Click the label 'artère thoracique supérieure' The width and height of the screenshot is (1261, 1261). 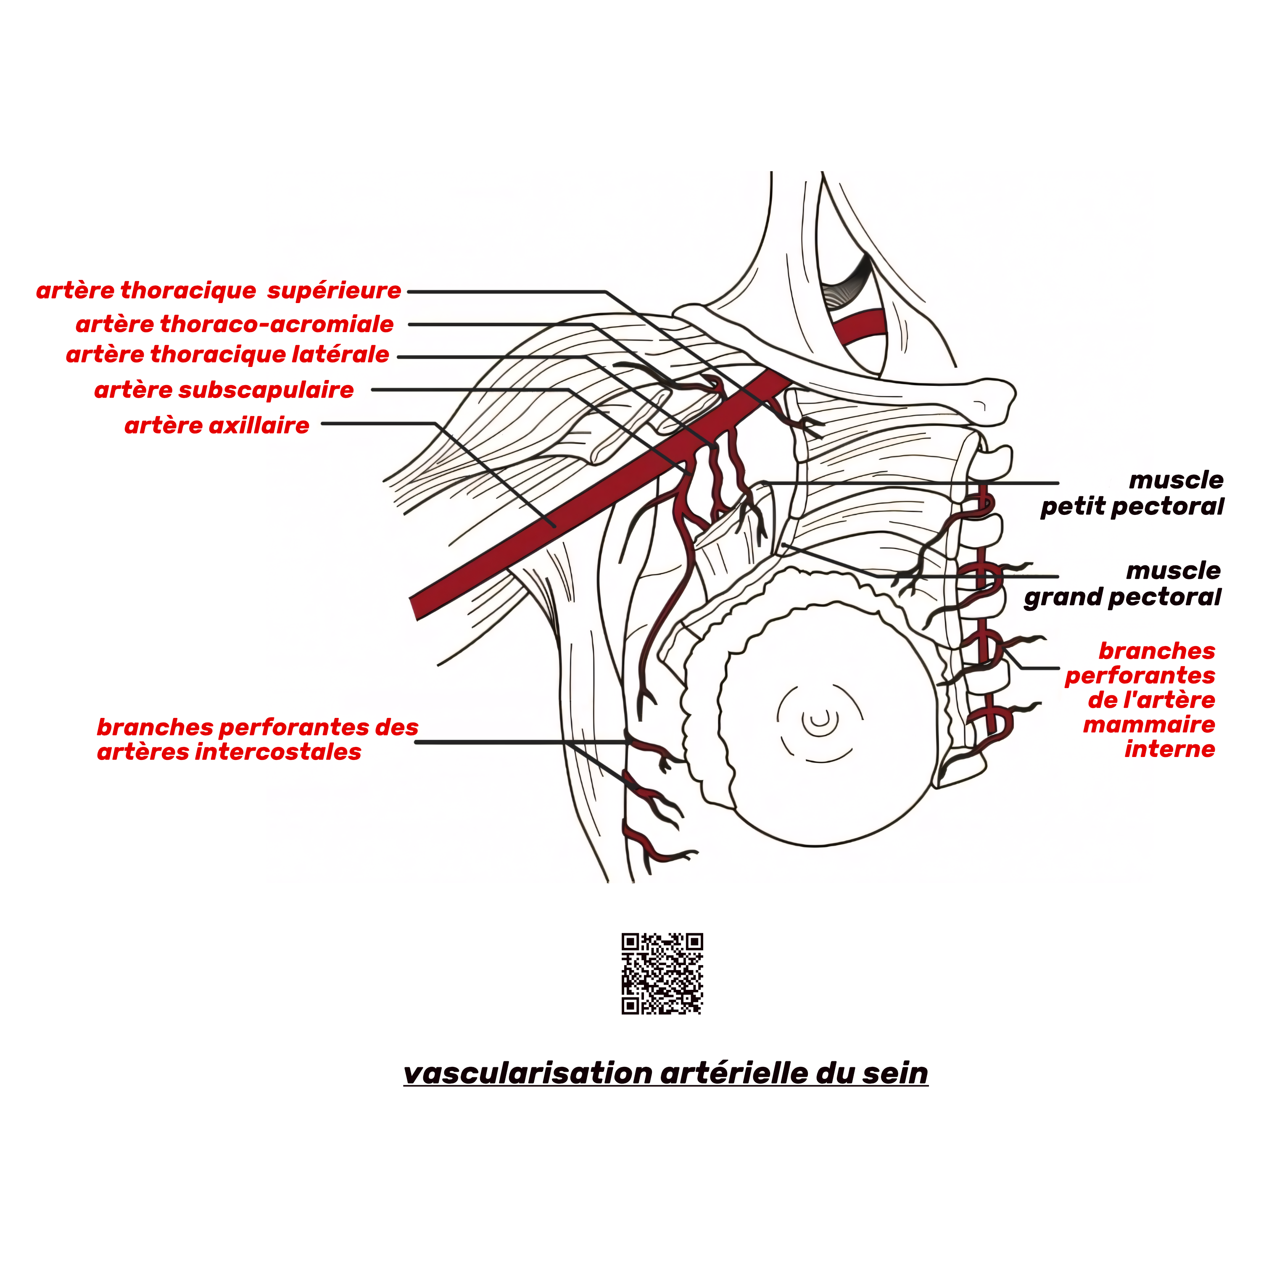click(x=219, y=290)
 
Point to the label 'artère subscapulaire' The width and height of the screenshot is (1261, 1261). click(x=224, y=390)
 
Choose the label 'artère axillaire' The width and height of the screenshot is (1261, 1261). click(x=217, y=425)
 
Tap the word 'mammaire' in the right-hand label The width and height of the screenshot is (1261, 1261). click(x=1149, y=725)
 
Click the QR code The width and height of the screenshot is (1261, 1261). click(x=662, y=973)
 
